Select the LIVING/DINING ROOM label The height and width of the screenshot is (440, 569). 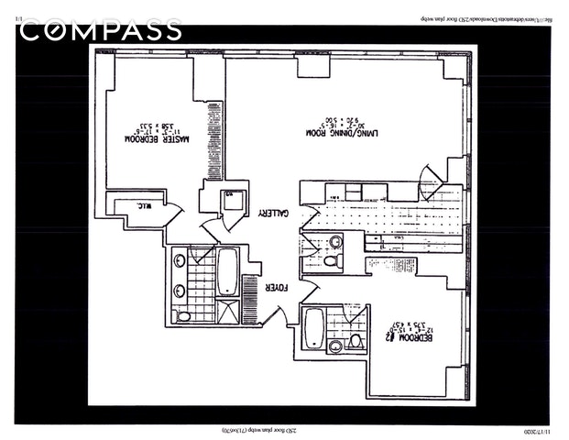337,133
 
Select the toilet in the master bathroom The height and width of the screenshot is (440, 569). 183,315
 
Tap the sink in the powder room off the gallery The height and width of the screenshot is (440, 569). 336,242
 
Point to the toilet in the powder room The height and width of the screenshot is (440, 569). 337,261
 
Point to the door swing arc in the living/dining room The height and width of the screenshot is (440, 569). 429,179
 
